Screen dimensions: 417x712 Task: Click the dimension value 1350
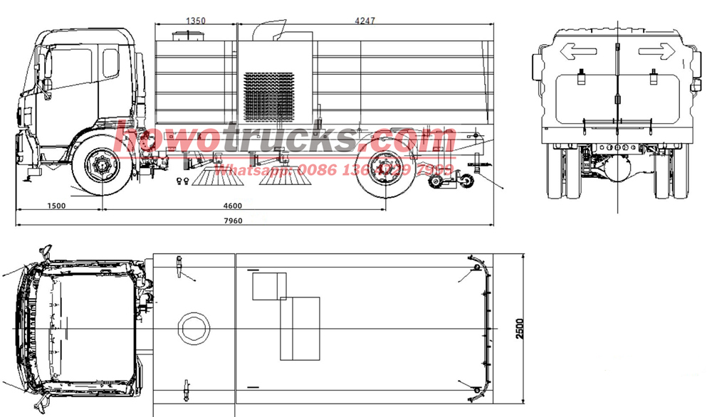pos(196,21)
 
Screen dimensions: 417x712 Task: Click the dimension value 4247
pos(366,21)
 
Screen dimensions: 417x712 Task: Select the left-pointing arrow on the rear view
pos(577,51)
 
